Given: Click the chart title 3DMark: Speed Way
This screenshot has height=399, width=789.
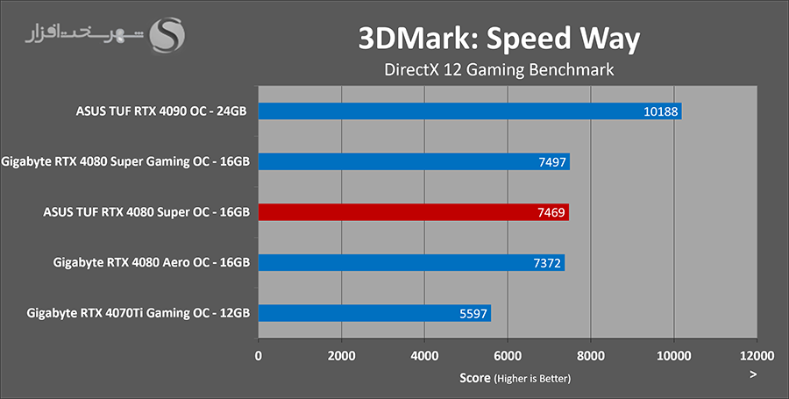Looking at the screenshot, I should pos(498,39).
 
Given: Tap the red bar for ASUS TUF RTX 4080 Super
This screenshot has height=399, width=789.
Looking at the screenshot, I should pos(413,212).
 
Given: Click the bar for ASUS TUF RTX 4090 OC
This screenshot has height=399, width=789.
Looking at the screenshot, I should pos(469,111).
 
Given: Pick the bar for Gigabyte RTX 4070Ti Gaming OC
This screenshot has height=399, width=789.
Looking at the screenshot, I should pos(373,313).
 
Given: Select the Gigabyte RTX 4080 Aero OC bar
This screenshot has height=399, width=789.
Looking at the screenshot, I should pos(410,263).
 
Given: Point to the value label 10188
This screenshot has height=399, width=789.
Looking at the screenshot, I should pos(660,111).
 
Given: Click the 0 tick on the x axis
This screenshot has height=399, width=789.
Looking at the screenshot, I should pos(258,357).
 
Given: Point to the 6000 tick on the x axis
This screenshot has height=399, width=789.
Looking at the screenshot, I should pos(507,357).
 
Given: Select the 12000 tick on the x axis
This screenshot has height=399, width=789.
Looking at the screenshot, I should pos(756,357).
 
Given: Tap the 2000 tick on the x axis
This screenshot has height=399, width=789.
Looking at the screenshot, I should pos(341,357).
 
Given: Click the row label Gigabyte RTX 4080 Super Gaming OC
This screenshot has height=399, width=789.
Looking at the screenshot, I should pos(126,162).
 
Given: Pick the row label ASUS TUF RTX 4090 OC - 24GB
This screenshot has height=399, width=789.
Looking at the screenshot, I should pos(162,111).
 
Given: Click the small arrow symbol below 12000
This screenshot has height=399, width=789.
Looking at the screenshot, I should pos(753,374).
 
